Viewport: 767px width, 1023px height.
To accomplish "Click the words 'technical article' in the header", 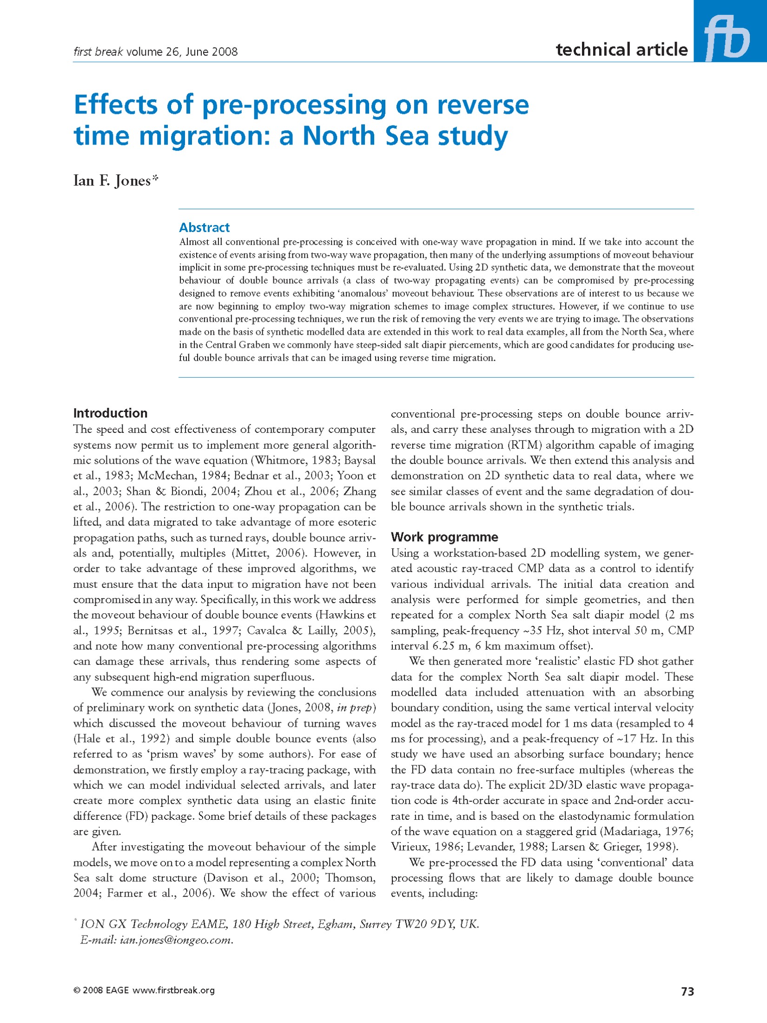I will click(x=621, y=50).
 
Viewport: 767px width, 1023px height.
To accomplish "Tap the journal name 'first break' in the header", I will click(x=98, y=52).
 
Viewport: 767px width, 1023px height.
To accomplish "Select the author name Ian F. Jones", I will click(x=115, y=180).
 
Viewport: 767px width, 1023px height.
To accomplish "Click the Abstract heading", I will click(x=204, y=227).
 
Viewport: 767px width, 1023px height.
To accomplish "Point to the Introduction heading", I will click(x=110, y=413).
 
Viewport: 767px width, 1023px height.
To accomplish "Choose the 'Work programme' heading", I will click(x=444, y=537).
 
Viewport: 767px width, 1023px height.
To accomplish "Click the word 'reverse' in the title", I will click(x=483, y=105).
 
